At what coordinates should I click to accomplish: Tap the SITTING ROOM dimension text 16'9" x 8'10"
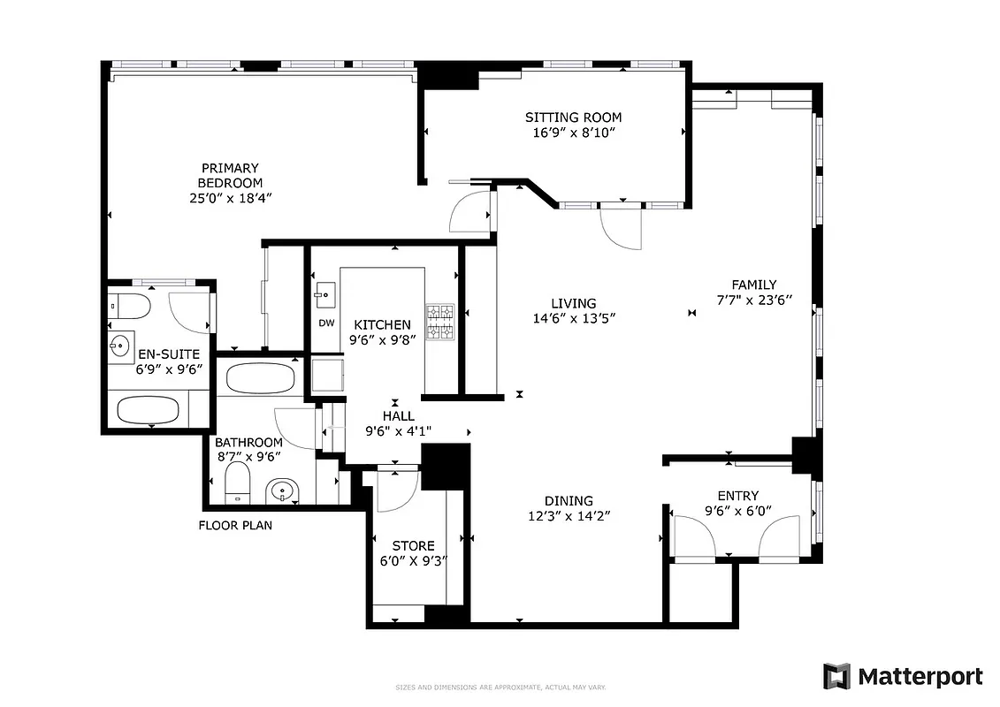pyautogui.click(x=573, y=133)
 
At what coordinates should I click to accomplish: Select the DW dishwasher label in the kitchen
pyautogui.click(x=326, y=323)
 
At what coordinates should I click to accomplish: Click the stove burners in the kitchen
pyautogui.click(x=440, y=323)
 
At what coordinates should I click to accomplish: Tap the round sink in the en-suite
pyautogui.click(x=118, y=345)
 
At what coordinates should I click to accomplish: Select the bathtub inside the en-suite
pyautogui.click(x=149, y=409)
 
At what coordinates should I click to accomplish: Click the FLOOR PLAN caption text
pyautogui.click(x=235, y=525)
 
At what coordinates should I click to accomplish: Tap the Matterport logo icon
pyautogui.click(x=836, y=676)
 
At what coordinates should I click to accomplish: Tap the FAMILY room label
pyautogui.click(x=753, y=285)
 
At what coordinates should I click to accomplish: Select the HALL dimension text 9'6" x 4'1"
pyautogui.click(x=398, y=431)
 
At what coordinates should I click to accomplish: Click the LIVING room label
pyautogui.click(x=574, y=303)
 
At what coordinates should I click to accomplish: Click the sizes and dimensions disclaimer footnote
pyautogui.click(x=500, y=687)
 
